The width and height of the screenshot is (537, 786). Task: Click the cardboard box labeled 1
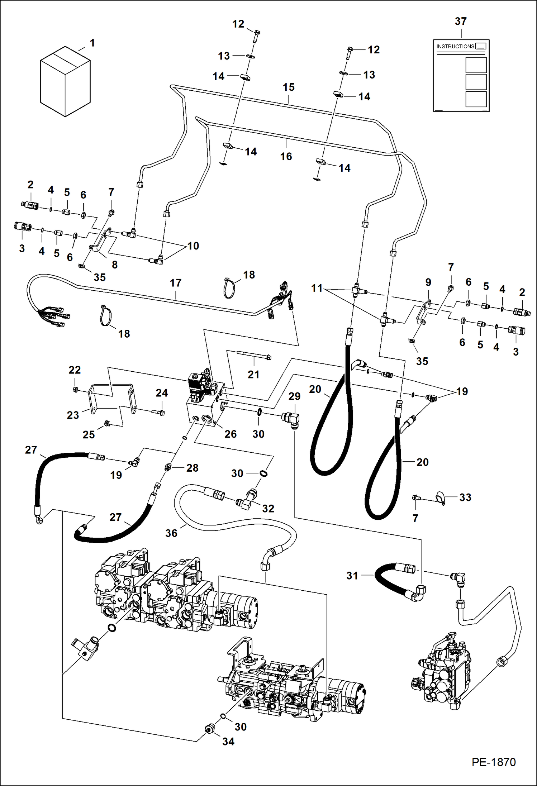coord(65,82)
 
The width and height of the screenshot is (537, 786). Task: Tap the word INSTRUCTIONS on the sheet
coord(455,46)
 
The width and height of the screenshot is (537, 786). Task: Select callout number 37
coord(461,22)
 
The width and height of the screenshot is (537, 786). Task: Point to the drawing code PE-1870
coord(493,762)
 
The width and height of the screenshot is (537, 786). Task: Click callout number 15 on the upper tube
coord(289,87)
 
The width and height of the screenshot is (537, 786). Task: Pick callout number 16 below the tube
coord(286,156)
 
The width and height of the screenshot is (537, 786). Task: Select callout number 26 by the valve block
coord(231,434)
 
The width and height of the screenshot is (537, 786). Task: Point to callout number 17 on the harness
coord(176,283)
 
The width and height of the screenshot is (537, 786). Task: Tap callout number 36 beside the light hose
coord(171,533)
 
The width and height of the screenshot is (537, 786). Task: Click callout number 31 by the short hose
coord(352,576)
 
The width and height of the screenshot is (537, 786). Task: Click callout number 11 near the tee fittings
coord(317,288)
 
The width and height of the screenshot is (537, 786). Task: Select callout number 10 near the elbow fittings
coord(193,246)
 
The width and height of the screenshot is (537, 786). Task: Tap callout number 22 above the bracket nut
coord(75,370)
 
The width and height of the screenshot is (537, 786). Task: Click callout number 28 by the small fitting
coord(192,468)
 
